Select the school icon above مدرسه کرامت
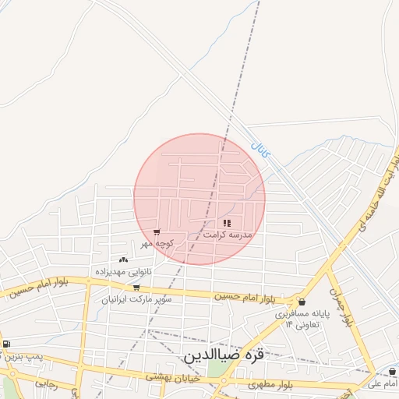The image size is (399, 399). [227, 223]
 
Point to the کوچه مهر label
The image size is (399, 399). [157, 243]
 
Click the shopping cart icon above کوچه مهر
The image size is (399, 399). [157, 232]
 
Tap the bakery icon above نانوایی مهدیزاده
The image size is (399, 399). [123, 260]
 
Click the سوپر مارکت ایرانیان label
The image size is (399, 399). [136, 298]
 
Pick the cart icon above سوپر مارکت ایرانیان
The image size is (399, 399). [136, 288]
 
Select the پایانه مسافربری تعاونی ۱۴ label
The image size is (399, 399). [302, 318]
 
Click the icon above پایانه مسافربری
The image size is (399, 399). [302, 302]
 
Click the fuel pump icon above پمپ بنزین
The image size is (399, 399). [6, 344]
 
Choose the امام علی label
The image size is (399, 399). [383, 383]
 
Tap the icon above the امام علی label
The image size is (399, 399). [390, 373]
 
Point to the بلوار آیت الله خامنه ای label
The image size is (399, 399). [379, 195]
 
